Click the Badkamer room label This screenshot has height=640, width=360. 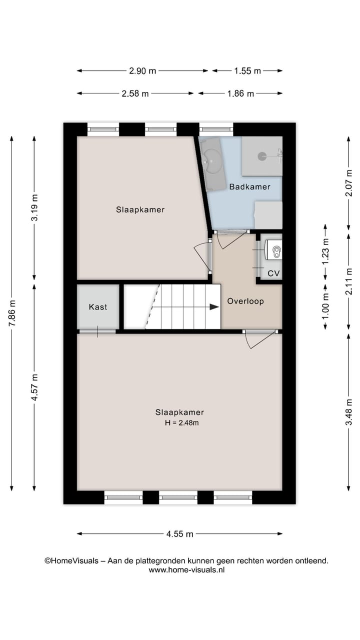[x=249, y=187]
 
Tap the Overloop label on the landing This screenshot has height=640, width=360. [x=245, y=301]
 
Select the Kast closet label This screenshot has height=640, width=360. [x=98, y=307]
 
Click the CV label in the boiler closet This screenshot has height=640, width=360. [x=273, y=273]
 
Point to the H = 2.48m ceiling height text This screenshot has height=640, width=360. [x=181, y=423]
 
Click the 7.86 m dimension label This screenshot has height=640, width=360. [x=11, y=313]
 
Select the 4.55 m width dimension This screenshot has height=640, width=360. [x=179, y=533]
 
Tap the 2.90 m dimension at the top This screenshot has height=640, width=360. [x=142, y=71]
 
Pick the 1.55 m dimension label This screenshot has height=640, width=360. [x=247, y=71]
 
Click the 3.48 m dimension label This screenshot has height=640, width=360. [x=348, y=412]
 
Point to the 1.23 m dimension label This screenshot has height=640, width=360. [x=325, y=252]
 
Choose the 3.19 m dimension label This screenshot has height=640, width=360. [x=34, y=207]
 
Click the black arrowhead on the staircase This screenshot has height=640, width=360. [x=214, y=307]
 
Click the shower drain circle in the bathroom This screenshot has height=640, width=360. [x=262, y=156]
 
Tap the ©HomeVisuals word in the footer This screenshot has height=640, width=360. [x=71, y=560]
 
